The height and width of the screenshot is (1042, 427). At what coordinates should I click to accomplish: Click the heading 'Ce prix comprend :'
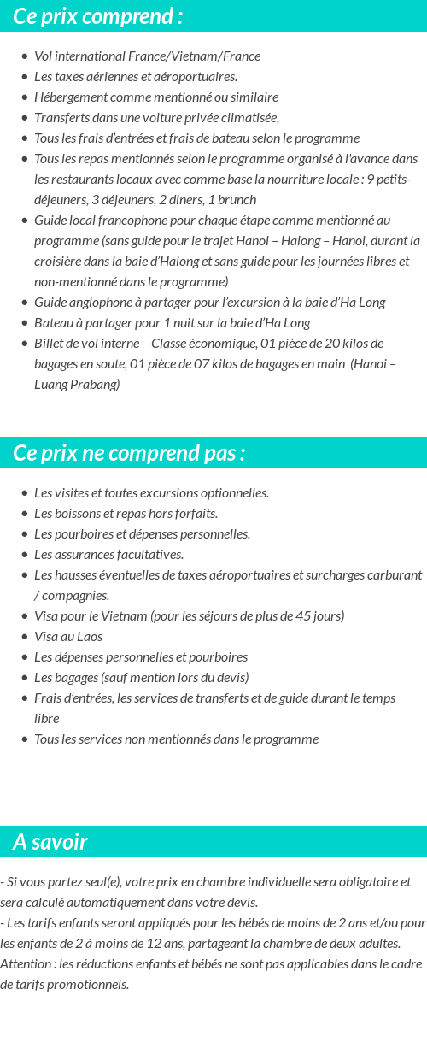click(x=97, y=16)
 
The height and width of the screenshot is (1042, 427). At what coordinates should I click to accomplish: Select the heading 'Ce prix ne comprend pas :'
click(x=129, y=453)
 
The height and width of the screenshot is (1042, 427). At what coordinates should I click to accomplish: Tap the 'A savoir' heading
click(x=50, y=842)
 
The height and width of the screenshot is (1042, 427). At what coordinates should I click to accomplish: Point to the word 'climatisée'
click(x=250, y=118)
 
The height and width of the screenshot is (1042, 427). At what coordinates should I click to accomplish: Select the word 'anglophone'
click(x=99, y=303)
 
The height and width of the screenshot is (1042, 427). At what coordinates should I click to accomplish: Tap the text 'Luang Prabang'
click(x=77, y=385)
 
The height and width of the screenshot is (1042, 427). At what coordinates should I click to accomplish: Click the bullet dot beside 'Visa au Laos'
click(x=25, y=637)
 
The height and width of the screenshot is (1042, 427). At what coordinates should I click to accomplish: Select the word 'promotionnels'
click(x=89, y=985)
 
